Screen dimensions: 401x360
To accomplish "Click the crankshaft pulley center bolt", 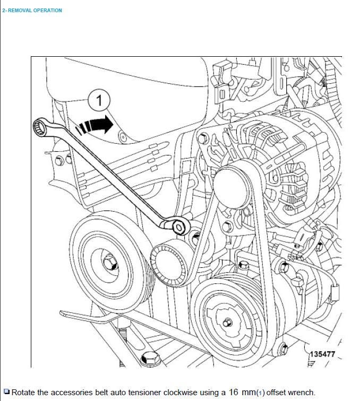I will pos(110,262).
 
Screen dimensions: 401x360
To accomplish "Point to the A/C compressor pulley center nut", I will pos(227,322).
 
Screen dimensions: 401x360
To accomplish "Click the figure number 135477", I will pos(323,354).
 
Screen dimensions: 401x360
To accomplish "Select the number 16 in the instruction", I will pos(235,393).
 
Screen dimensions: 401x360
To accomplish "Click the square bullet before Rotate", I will pos(6,392).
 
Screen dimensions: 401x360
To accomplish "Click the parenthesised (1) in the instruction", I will pos(260,393).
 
